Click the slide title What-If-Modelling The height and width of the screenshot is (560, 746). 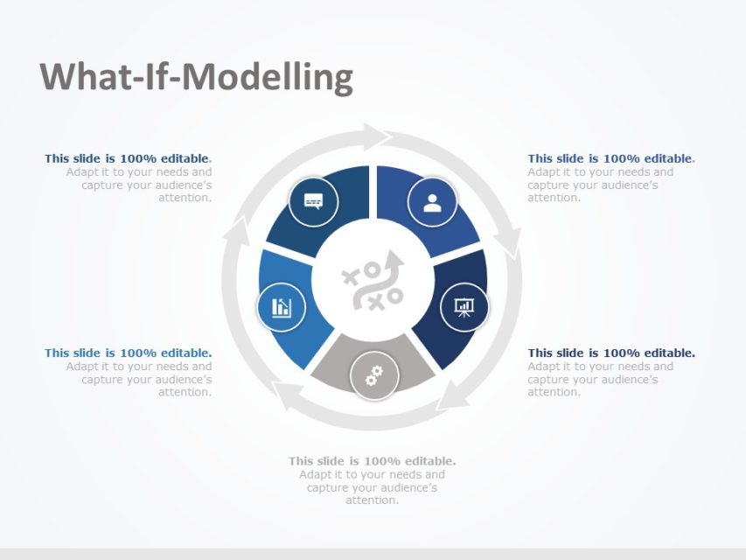click(197, 77)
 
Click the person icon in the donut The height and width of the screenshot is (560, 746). click(432, 202)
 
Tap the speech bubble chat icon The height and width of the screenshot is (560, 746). click(313, 202)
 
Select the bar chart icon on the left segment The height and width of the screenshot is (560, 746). click(282, 307)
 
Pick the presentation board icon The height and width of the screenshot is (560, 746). click(464, 306)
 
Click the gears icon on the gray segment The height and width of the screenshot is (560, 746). click(374, 376)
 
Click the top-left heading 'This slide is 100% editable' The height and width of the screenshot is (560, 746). click(128, 158)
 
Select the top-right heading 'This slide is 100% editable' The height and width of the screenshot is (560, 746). click(610, 158)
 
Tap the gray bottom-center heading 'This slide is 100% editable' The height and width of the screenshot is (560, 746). click(372, 461)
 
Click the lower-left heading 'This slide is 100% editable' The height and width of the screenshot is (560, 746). click(128, 353)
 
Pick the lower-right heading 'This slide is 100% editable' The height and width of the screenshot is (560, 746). click(611, 353)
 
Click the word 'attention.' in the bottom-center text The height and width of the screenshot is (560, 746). click(373, 500)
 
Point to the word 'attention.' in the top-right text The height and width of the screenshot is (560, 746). click(554, 198)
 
